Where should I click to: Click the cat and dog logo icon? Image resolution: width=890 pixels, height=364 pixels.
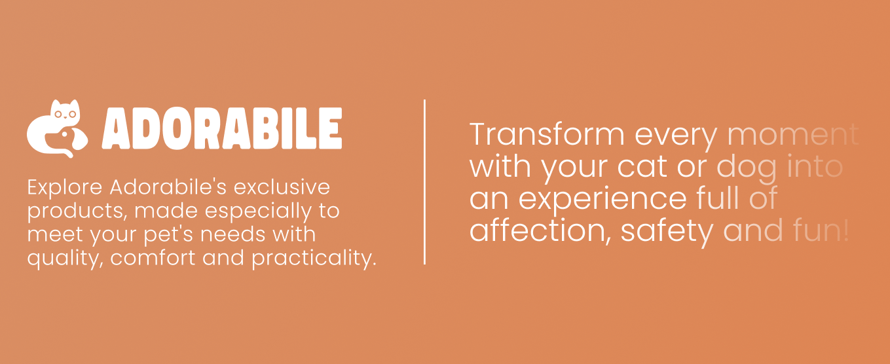[x=57, y=129]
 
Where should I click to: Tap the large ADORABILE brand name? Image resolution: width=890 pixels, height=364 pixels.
[x=222, y=128]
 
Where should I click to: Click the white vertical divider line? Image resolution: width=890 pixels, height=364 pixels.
[x=425, y=182]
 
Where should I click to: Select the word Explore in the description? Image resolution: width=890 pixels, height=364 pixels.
[x=65, y=187]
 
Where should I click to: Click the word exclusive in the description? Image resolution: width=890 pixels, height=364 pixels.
[x=282, y=187]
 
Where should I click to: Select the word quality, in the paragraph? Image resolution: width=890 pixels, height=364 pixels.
[x=65, y=259]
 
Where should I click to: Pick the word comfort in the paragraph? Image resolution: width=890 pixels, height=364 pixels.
[x=153, y=258]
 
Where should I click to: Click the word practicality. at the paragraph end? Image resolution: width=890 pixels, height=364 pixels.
[x=314, y=259]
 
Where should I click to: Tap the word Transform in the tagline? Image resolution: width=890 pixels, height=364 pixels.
[x=547, y=135]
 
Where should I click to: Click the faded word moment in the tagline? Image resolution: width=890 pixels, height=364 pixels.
[x=793, y=135]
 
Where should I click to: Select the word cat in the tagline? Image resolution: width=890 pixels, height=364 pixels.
[x=642, y=166]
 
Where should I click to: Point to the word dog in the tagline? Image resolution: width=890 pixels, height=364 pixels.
[x=747, y=169]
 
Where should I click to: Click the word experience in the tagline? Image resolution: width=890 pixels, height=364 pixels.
[x=603, y=200]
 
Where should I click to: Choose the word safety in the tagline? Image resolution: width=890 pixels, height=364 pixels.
[x=667, y=232]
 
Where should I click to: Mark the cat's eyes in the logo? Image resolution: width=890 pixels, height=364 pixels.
[x=65, y=115]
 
